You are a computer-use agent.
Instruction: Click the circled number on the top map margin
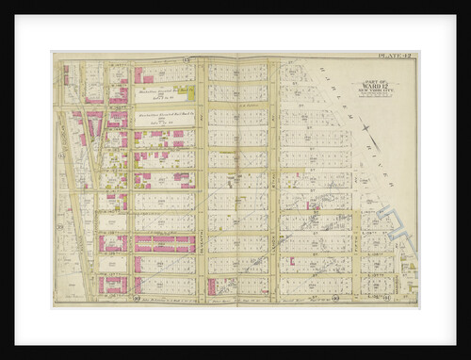(x=187, y=59)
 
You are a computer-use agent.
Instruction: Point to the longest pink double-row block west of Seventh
(x=165, y=243)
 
